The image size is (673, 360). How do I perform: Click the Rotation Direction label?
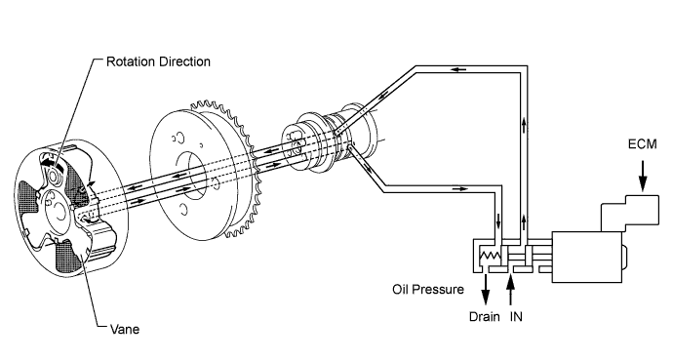coord(159,61)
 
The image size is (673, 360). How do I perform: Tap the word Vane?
coord(123,329)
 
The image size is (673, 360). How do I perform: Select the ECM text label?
coord(643,144)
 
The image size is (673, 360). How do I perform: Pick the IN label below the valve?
coord(518,317)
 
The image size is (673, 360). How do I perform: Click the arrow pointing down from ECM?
coord(643,174)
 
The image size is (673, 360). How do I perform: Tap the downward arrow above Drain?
coord(486,291)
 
